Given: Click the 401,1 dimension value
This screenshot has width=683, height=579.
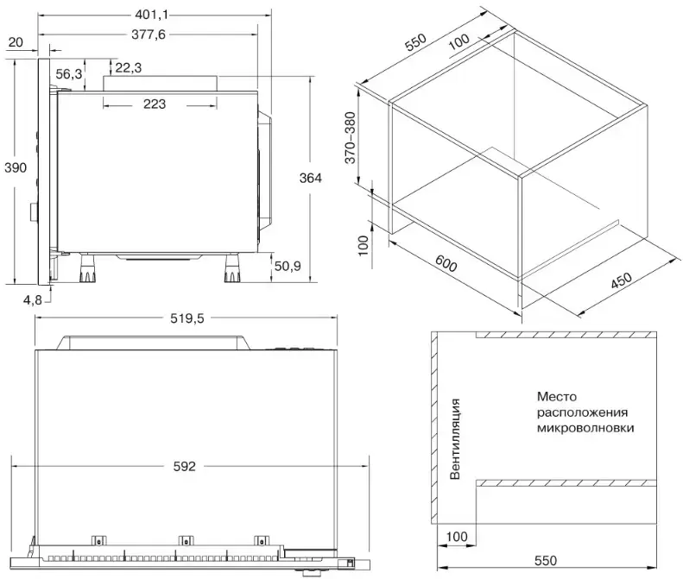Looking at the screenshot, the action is point(151,15).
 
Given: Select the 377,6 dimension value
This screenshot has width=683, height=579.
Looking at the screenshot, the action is point(149,35).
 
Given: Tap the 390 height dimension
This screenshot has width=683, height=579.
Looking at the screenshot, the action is point(16,167).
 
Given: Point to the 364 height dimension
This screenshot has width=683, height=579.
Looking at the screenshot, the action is point(310,178).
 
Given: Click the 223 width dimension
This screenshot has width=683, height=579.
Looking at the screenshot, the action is point(155,104).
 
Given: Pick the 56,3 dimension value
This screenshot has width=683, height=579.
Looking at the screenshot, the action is point(69,74).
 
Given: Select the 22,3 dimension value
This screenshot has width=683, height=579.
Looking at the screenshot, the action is point(129,67).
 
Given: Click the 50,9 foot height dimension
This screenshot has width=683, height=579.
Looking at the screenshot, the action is point(288,266).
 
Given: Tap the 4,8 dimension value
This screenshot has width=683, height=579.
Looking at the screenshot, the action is point(33,300).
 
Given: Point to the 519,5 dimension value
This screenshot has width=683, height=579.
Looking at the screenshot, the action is point(187,318).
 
